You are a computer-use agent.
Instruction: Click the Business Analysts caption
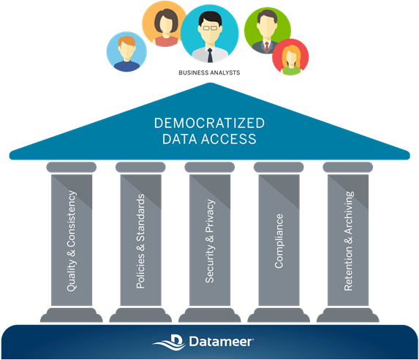tap(209, 72)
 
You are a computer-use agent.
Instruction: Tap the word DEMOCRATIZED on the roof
tap(209, 123)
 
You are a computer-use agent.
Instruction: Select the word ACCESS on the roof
tap(229, 139)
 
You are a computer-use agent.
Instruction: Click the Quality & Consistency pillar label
tap(72, 241)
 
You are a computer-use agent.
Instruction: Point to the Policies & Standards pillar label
tap(140, 241)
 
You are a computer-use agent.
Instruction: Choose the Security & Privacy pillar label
tap(210, 241)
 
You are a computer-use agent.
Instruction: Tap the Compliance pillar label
tap(279, 241)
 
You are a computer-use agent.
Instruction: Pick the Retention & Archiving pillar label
tap(349, 241)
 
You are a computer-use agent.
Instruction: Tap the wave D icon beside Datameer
tap(170, 342)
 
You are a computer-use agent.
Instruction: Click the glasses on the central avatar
tap(210, 28)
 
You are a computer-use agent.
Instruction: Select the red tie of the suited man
tap(267, 46)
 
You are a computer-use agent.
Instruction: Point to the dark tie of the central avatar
tap(210, 55)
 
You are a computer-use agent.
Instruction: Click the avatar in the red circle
tap(290, 57)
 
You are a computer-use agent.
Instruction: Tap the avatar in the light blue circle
tap(127, 52)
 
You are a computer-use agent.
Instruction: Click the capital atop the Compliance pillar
tap(279, 167)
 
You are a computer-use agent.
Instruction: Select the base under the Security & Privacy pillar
tap(210, 315)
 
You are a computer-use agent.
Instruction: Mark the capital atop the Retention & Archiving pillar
tap(348, 167)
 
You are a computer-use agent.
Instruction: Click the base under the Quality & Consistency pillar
tap(72, 315)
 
